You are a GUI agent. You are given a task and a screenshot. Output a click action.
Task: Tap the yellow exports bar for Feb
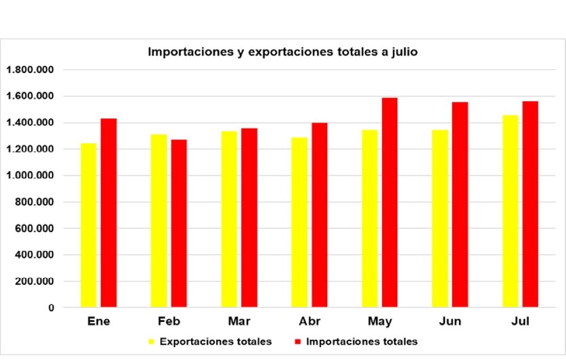(158, 221)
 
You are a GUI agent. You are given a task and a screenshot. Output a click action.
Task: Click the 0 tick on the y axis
(51, 308)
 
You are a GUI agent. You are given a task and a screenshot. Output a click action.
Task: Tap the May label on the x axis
(380, 322)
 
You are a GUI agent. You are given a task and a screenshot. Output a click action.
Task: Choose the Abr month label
(310, 322)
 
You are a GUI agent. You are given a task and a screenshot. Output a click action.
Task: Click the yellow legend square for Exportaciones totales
(151, 342)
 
